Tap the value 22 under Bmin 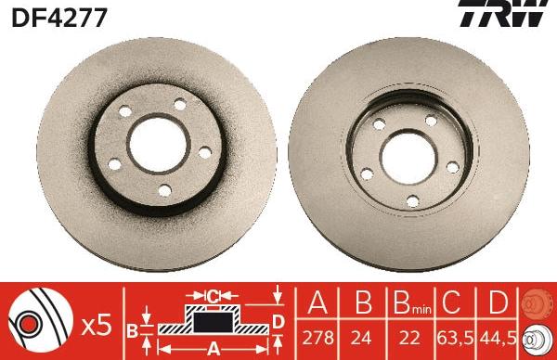(402, 337)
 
